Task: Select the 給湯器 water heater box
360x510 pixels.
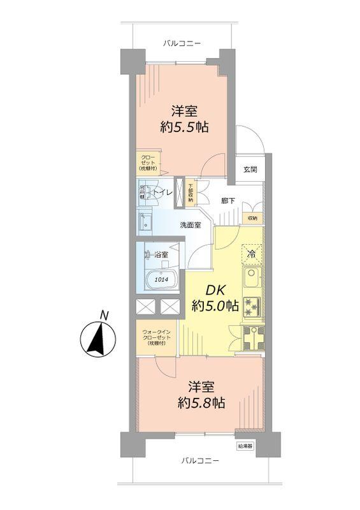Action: click(x=245, y=446)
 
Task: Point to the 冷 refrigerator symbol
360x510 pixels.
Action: click(x=251, y=254)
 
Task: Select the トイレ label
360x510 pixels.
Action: click(x=162, y=191)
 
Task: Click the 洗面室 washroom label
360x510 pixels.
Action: click(x=190, y=224)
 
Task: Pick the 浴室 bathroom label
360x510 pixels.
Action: click(x=161, y=255)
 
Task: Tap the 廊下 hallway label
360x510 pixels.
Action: click(x=228, y=201)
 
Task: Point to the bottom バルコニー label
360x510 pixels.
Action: click(x=199, y=460)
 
